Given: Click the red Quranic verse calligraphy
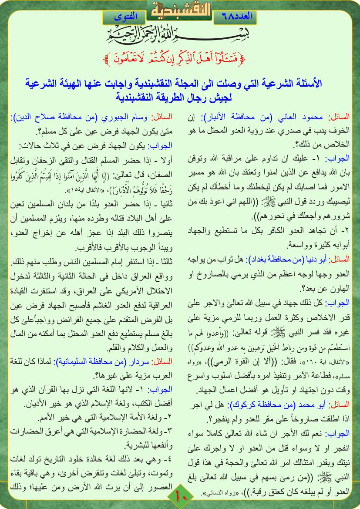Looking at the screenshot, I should click(180, 56).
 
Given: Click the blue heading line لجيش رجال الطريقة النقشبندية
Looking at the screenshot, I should click(180, 97).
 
